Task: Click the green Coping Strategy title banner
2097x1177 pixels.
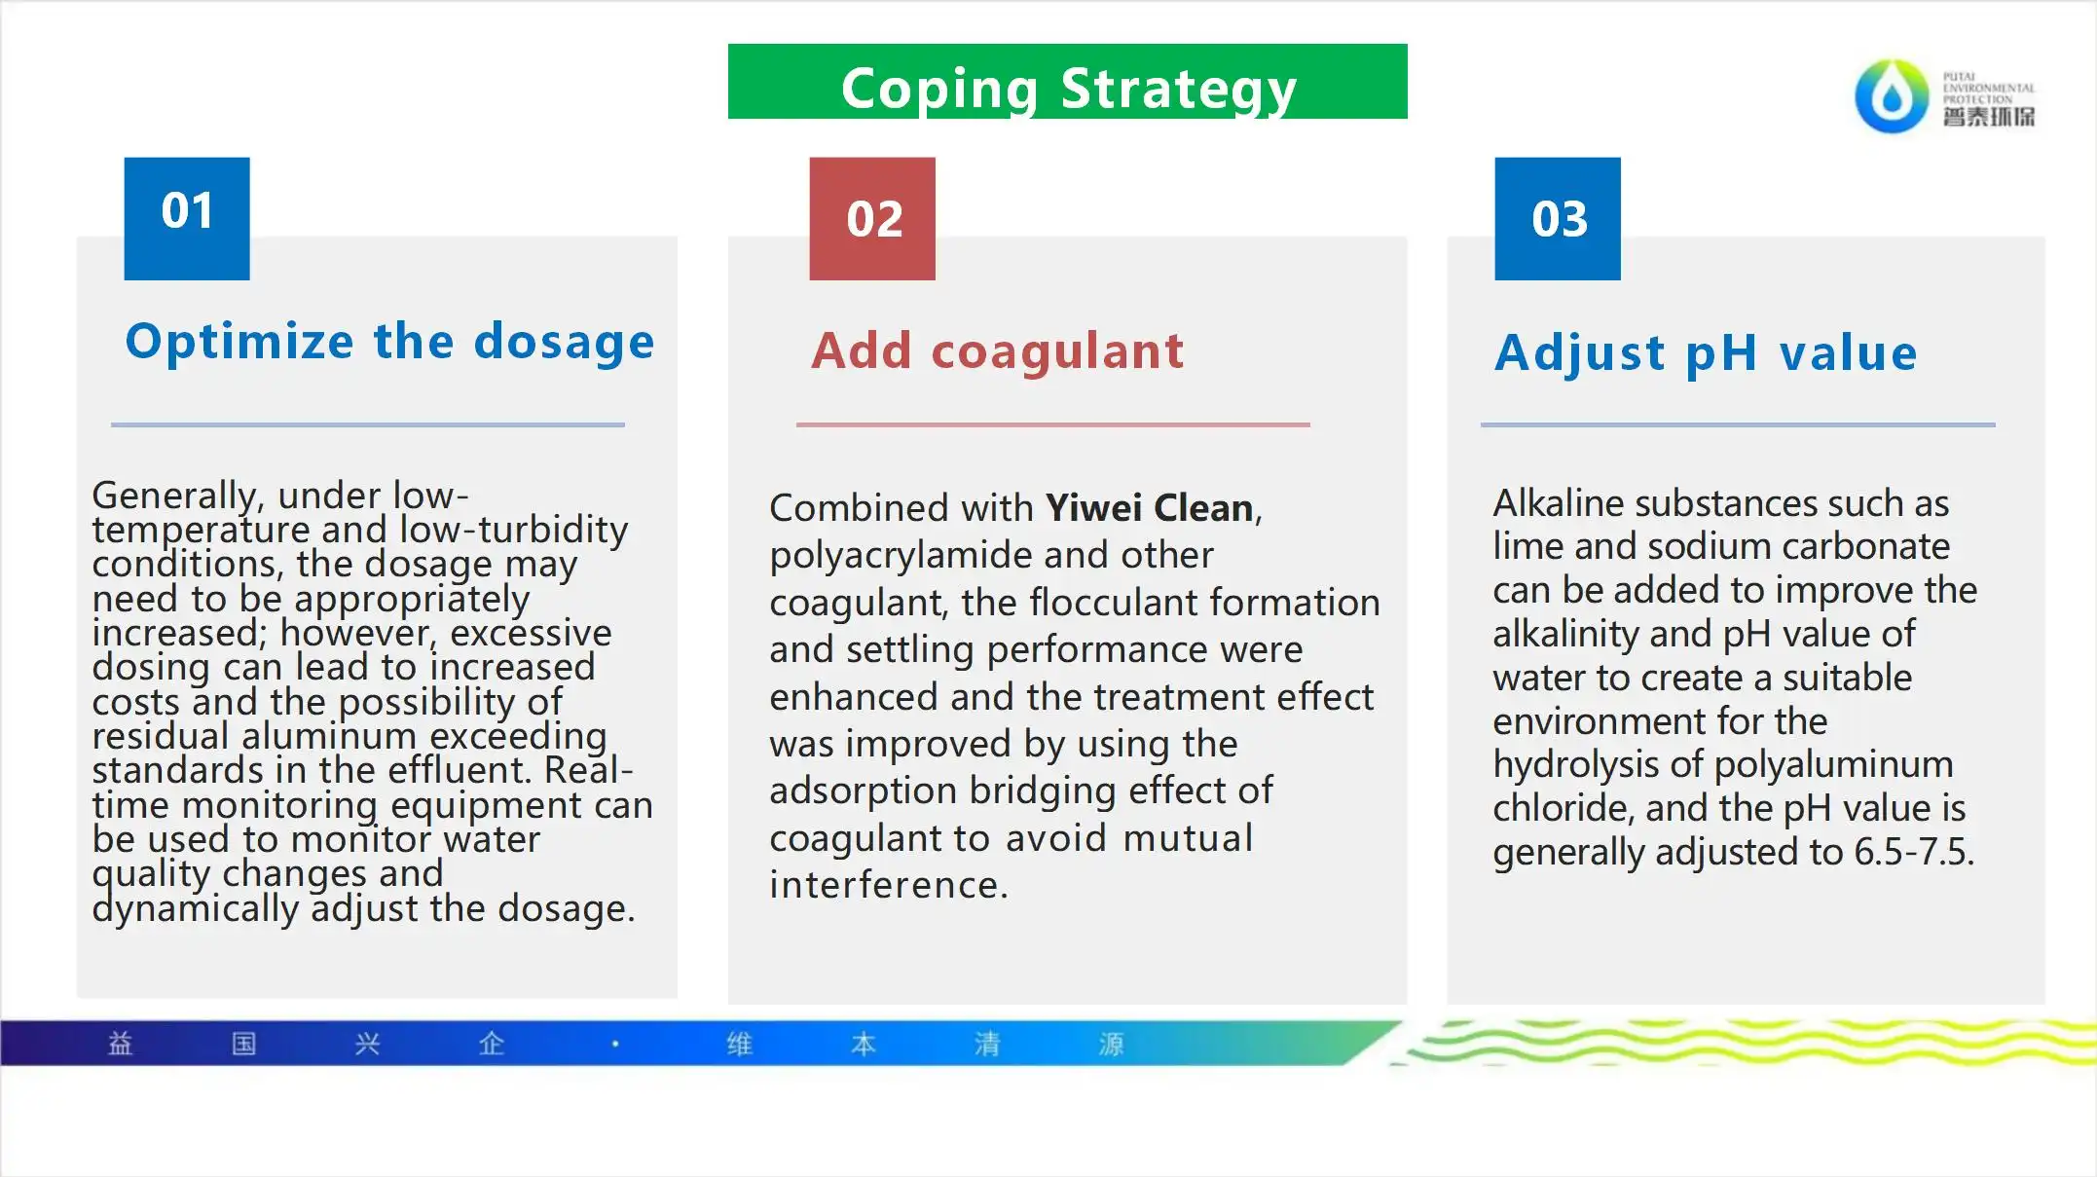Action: [1067, 82]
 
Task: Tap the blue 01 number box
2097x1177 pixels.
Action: [187, 219]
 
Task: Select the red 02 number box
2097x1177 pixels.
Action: [872, 219]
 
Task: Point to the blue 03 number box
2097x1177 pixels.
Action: [1558, 219]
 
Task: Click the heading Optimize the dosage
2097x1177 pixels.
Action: [389, 342]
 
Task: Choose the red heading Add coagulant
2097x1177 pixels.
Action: [998, 350]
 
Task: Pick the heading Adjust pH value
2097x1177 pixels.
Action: [1706, 352]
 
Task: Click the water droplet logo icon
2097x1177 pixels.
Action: [1892, 96]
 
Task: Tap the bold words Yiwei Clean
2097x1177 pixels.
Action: [1149, 508]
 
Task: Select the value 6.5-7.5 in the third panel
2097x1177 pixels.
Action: [1913, 852]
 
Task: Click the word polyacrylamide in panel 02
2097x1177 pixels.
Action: [901, 556]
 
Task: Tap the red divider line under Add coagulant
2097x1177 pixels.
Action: [1053, 424]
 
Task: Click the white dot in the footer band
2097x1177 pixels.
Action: [615, 1044]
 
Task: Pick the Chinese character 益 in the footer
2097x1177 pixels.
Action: [120, 1044]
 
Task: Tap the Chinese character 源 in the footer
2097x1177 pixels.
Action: [1111, 1044]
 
